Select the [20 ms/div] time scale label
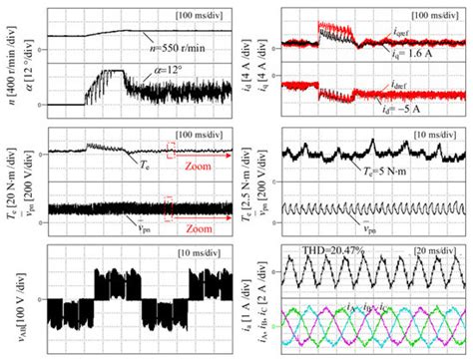(436, 247)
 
